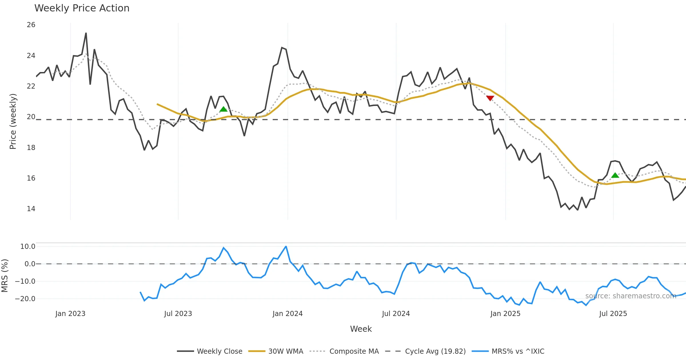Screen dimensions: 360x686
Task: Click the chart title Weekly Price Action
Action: pyautogui.click(x=82, y=8)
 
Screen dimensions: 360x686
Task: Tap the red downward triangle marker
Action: pyautogui.click(x=490, y=98)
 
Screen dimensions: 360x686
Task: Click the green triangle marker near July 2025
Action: pyautogui.click(x=615, y=175)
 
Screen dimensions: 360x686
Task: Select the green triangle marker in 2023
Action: pyautogui.click(x=223, y=109)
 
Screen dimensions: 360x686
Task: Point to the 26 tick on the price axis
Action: pyautogui.click(x=31, y=25)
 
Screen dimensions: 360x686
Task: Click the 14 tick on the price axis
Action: pyautogui.click(x=31, y=209)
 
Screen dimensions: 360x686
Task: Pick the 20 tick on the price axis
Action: pyautogui.click(x=31, y=117)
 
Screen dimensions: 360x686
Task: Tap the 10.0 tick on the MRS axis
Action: pyautogui.click(x=28, y=247)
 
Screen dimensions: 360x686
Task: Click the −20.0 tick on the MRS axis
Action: pyautogui.click(x=25, y=299)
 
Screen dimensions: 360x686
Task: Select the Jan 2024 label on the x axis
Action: pyautogui.click(x=288, y=314)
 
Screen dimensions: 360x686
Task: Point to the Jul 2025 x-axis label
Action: pyautogui.click(x=613, y=314)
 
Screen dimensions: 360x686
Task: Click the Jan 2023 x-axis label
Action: pyautogui.click(x=70, y=314)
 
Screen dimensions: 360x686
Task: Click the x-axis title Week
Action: pyautogui.click(x=361, y=329)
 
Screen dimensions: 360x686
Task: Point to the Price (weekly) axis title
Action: pyautogui.click(x=13, y=121)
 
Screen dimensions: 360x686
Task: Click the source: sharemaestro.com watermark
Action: pyautogui.click(x=631, y=296)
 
